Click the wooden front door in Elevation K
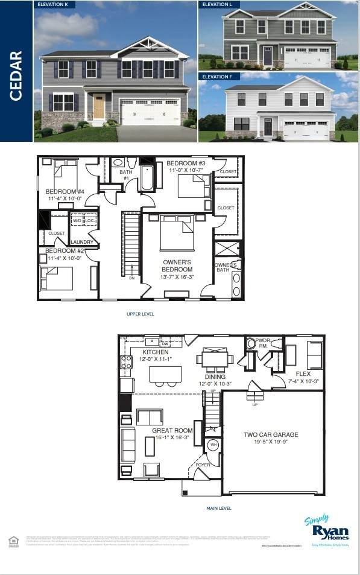(x=99, y=106)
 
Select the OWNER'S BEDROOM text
(x=177, y=266)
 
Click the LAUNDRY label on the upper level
(x=81, y=242)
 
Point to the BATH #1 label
(x=125, y=175)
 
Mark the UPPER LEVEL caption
(x=140, y=314)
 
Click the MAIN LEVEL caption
(x=218, y=508)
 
